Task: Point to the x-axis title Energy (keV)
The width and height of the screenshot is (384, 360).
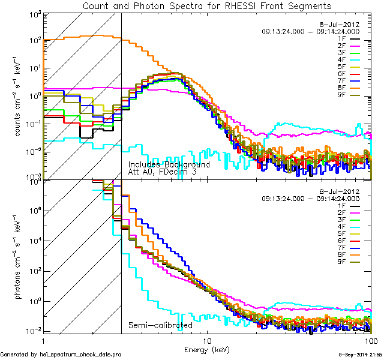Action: click(207, 349)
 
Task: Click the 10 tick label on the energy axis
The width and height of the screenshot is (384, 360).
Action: click(207, 340)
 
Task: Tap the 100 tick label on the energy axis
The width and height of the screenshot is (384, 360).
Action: click(370, 340)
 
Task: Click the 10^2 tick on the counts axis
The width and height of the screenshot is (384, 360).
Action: click(33, 40)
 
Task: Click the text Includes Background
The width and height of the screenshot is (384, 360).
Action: click(169, 164)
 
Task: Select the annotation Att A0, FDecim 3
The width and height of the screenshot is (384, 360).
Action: click(162, 172)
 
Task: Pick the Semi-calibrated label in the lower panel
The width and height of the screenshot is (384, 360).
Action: click(160, 325)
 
